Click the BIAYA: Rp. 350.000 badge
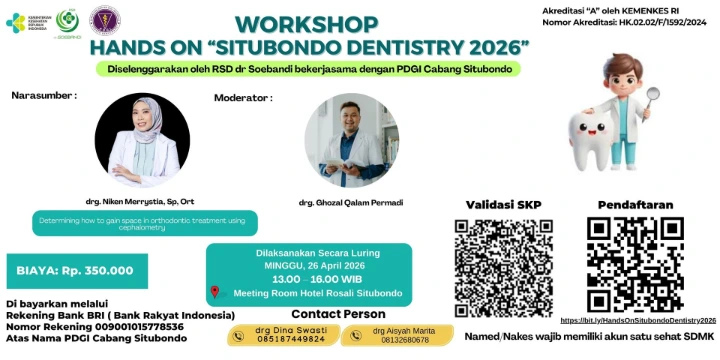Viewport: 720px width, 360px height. [x=76, y=270]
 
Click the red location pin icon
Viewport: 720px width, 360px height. [x=215, y=293]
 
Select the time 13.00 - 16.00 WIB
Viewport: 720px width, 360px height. [x=309, y=279]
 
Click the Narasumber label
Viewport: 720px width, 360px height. [x=44, y=95]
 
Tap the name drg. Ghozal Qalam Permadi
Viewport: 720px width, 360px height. [x=351, y=203]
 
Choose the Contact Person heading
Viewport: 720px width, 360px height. [x=338, y=313]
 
